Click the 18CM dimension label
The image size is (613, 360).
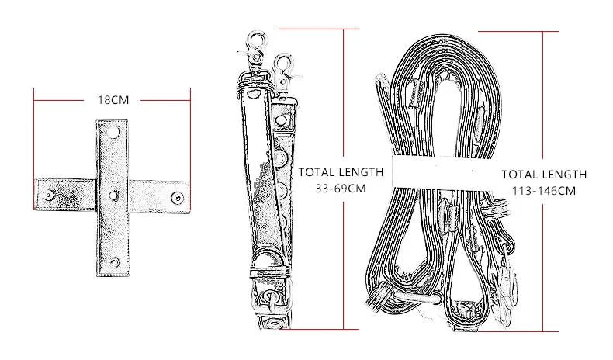(112, 100)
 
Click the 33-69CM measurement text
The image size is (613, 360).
(340, 189)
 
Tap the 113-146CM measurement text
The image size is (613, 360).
(544, 191)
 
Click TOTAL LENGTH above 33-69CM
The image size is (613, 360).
(341, 172)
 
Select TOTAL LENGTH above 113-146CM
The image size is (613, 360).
(544, 175)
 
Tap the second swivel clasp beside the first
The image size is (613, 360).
(285, 71)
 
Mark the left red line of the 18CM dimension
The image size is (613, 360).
(34, 147)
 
